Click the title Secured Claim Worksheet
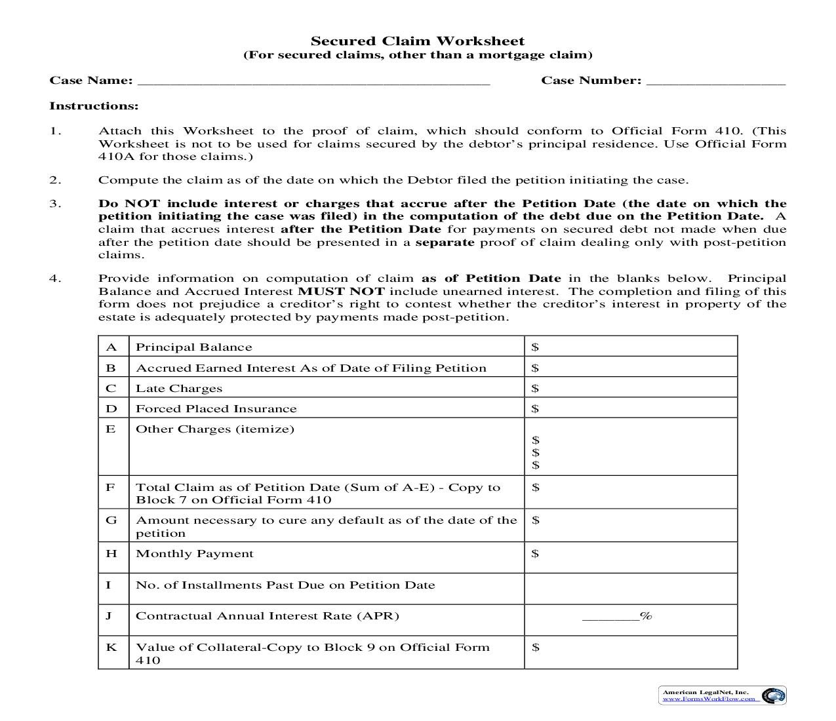[418, 41]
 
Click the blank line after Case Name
[313, 81]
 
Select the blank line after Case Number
[715, 81]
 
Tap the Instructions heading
[94, 106]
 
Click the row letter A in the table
[111, 347]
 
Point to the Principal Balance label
[193, 347]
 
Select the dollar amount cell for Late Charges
[630, 388]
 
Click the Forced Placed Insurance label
[216, 408]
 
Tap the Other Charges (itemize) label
[214, 429]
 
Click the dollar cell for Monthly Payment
[630, 556]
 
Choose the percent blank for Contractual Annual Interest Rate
[610, 616]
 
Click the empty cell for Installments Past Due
[630, 587]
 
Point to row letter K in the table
[111, 648]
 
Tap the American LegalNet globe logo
[773, 695]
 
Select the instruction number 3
[55, 204]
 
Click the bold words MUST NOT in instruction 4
[341, 292]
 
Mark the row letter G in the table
[111, 520]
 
